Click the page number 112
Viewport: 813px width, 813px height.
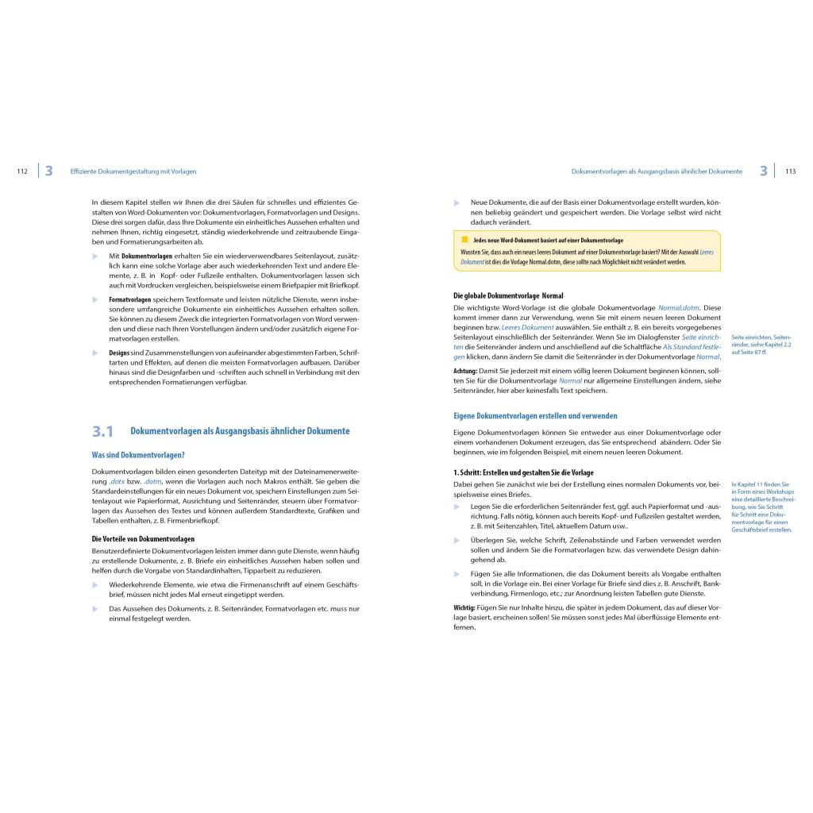(x=22, y=171)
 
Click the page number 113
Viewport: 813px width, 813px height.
(x=790, y=171)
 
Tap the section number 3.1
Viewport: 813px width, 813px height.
(x=102, y=432)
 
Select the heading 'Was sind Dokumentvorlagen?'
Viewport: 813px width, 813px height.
(x=138, y=455)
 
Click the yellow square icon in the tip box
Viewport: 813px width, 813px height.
(x=464, y=239)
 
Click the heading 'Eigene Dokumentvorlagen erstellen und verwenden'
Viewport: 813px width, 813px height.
(x=535, y=415)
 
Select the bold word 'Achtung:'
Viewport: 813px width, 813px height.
(x=465, y=371)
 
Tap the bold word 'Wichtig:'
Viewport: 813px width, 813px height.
(x=464, y=607)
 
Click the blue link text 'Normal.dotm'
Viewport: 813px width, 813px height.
(x=678, y=307)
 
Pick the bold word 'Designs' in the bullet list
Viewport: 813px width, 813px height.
(x=119, y=352)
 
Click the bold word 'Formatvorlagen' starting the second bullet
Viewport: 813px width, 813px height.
(x=130, y=299)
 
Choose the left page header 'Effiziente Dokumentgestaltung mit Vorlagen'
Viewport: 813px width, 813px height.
(x=133, y=171)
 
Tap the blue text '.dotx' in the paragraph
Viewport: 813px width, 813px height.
(x=118, y=481)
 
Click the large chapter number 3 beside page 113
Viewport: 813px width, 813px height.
(x=763, y=171)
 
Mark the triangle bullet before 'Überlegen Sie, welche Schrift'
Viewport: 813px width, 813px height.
(x=457, y=540)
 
